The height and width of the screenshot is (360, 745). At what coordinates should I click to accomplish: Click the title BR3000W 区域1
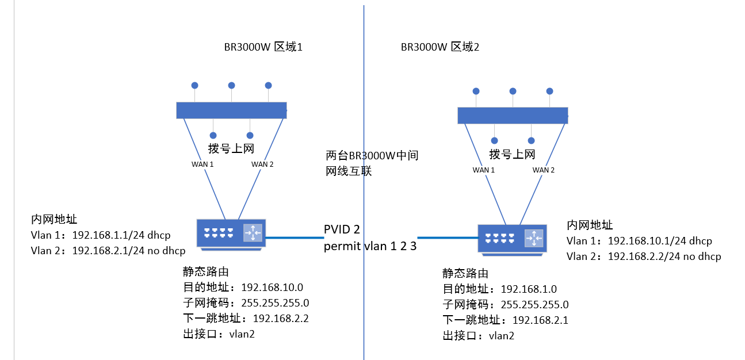pyautogui.click(x=263, y=47)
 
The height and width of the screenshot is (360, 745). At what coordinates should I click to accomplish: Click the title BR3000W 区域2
pyautogui.click(x=440, y=47)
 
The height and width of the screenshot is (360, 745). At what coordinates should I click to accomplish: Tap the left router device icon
pyautogui.click(x=230, y=233)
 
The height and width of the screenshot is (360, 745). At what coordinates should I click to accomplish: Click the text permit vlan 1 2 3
pyautogui.click(x=369, y=247)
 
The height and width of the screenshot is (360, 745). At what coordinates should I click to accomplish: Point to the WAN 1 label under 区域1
pyautogui.click(x=203, y=164)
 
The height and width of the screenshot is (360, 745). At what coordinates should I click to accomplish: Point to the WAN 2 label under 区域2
pyautogui.click(x=544, y=170)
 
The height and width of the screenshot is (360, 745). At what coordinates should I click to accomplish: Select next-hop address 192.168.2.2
pyautogui.click(x=281, y=318)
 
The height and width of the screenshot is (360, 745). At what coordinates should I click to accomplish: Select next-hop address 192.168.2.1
pyautogui.click(x=540, y=320)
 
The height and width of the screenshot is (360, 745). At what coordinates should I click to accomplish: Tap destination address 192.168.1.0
pyautogui.click(x=529, y=289)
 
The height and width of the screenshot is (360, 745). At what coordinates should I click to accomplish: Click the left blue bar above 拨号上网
pyautogui.click(x=231, y=110)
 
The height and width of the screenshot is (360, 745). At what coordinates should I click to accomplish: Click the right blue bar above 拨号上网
pyautogui.click(x=512, y=115)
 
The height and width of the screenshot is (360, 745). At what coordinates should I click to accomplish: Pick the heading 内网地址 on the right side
pyautogui.click(x=590, y=225)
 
